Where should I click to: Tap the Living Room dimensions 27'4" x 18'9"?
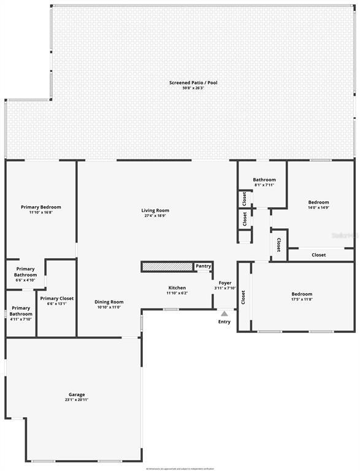[x=155, y=216]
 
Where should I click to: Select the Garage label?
[x=77, y=394]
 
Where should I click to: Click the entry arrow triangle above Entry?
[x=224, y=313]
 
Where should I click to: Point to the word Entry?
[x=224, y=321]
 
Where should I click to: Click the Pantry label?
[x=203, y=266]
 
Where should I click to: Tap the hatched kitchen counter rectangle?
[x=167, y=266]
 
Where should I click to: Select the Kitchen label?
[x=177, y=288]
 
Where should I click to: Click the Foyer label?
[x=225, y=283]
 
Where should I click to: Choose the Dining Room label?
[x=109, y=302]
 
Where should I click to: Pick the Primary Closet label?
[x=57, y=299]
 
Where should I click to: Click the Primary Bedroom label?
[x=41, y=207]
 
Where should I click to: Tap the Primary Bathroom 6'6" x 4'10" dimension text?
[x=26, y=280]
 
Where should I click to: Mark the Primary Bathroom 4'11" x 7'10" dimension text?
[x=21, y=319]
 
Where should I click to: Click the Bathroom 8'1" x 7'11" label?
[x=264, y=180]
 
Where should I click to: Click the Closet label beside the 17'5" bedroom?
[x=243, y=297]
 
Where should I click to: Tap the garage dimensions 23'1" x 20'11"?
[x=77, y=400]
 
